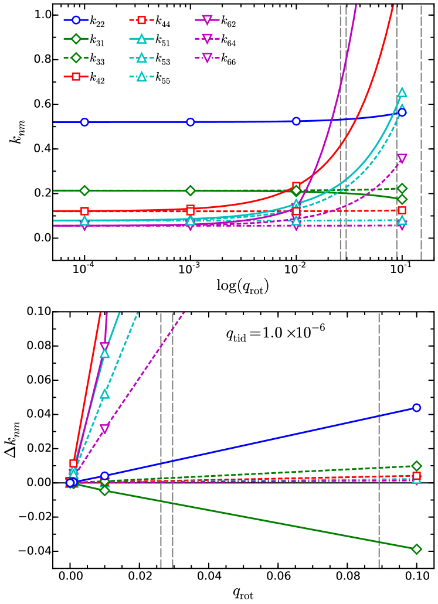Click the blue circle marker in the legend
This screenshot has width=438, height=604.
pyautogui.click(x=76, y=20)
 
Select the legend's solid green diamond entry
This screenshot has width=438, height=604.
pyautogui.click(x=76, y=39)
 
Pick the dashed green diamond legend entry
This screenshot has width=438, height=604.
pyautogui.click(x=76, y=57)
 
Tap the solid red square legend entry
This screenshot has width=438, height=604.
pyautogui.click(x=76, y=76)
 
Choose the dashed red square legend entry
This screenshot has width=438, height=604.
pyautogui.click(x=141, y=20)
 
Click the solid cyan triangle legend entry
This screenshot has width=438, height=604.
pyautogui.click(x=141, y=39)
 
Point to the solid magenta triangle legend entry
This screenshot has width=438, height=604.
pyautogui.click(x=207, y=20)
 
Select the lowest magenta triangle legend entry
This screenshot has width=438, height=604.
pyautogui.click(x=207, y=57)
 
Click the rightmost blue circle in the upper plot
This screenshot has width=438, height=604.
pyautogui.click(x=402, y=112)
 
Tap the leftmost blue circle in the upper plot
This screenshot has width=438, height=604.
pyautogui.click(x=84, y=122)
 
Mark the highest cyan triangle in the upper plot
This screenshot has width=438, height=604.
pyautogui.click(x=402, y=92)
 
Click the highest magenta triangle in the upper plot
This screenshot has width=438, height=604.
pyautogui.click(x=402, y=158)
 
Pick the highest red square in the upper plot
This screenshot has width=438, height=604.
pyautogui.click(x=296, y=186)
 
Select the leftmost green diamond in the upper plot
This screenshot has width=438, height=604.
pyautogui.click(x=84, y=190)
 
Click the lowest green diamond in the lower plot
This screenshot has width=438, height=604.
pyautogui.click(x=416, y=549)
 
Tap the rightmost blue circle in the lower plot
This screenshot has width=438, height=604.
pyautogui.click(x=416, y=408)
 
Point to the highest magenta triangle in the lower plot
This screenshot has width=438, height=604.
pyautogui.click(x=104, y=347)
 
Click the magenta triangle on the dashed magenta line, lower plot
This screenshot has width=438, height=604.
pyautogui.click(x=104, y=428)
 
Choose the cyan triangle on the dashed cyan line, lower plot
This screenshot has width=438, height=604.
pyautogui.click(x=104, y=394)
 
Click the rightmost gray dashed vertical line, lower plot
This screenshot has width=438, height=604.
pyautogui.click(x=379, y=439)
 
